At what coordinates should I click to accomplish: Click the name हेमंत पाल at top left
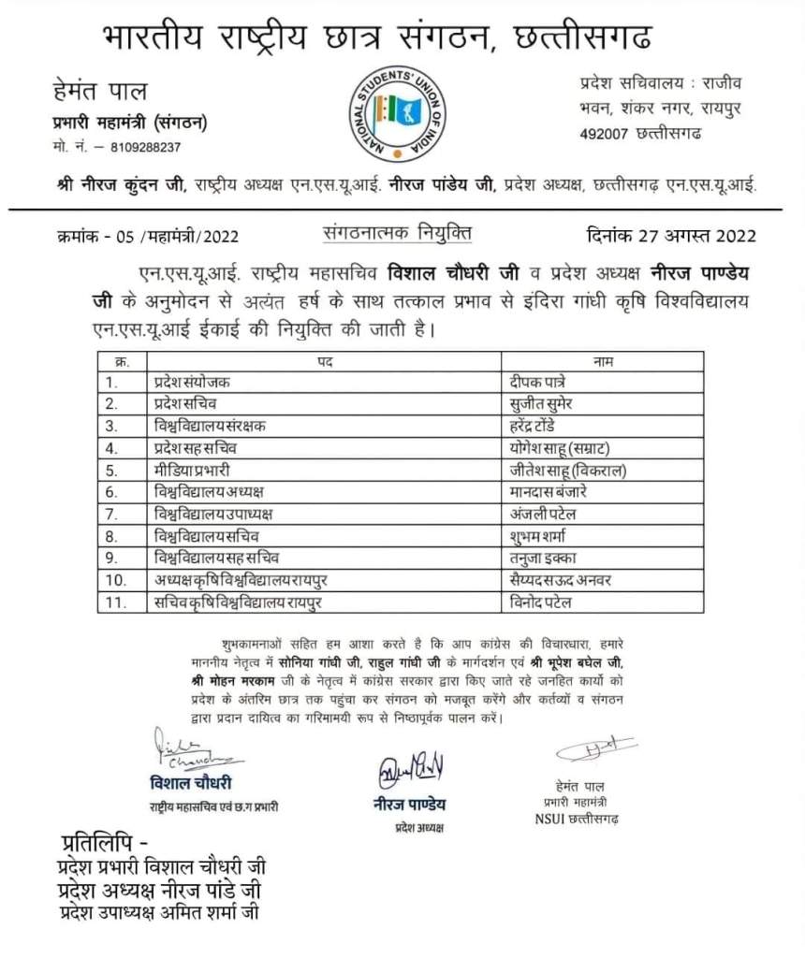[100, 92]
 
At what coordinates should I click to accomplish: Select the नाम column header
[603, 361]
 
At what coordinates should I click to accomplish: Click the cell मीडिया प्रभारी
[193, 470]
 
